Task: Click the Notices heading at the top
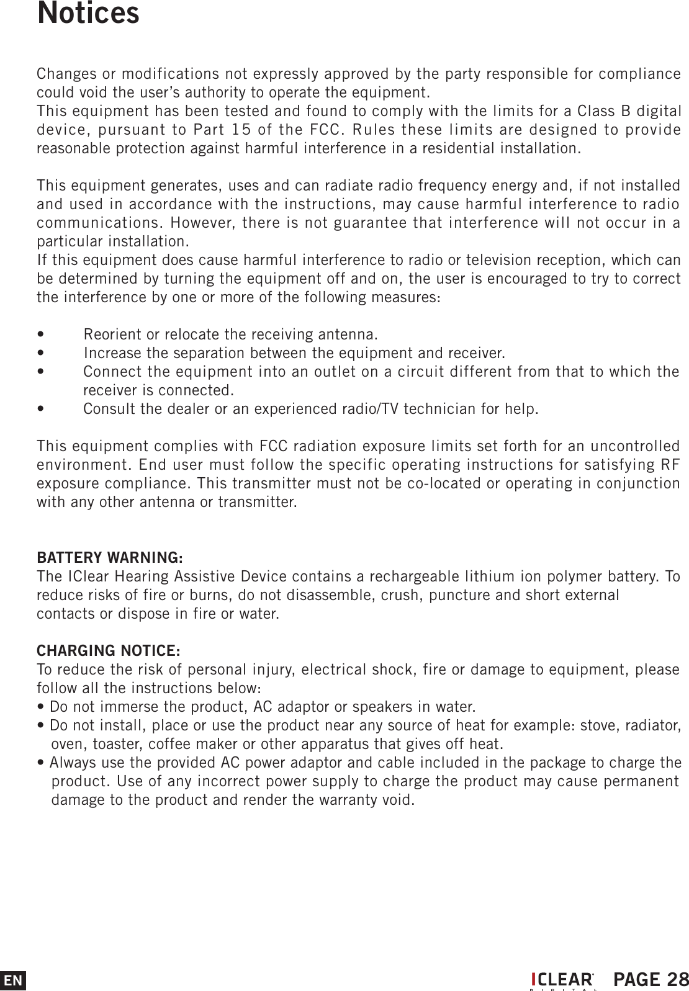pyautogui.click(x=88, y=14)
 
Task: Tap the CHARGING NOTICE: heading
pyautogui.click(x=109, y=651)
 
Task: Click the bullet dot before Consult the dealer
pyautogui.click(x=40, y=410)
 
